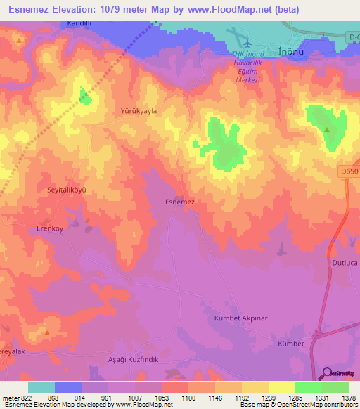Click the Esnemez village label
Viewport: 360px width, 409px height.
(x=179, y=202)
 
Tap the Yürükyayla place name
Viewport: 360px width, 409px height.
(x=139, y=111)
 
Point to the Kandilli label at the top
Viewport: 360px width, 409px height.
(x=80, y=23)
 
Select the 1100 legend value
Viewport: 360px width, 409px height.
(x=188, y=398)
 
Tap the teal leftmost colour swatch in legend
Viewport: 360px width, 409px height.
(x=41, y=387)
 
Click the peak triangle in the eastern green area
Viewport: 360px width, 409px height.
(x=327, y=129)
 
